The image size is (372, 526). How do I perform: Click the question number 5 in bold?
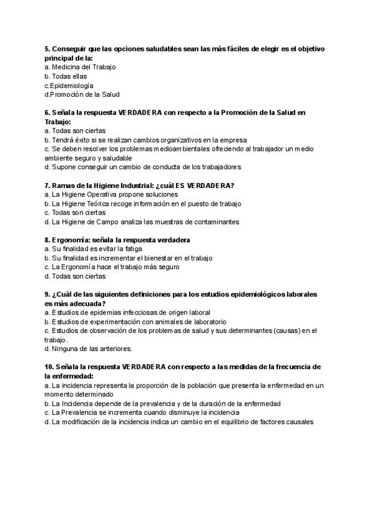[48, 48]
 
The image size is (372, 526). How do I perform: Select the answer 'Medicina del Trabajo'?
[84, 67]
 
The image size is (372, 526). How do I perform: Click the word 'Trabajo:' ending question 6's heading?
[57, 122]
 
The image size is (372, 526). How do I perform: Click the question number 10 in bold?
[50, 367]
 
